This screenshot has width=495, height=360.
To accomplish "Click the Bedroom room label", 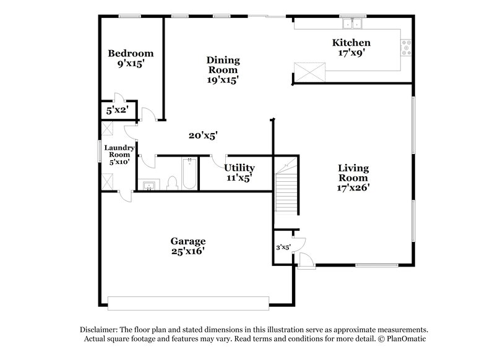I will click(131, 53).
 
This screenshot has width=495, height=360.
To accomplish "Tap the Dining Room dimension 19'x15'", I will click(223, 79).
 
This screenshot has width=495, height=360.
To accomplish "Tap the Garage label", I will click(188, 241).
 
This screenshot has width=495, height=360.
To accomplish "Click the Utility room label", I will click(239, 168).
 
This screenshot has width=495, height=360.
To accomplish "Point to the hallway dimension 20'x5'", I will click(202, 135).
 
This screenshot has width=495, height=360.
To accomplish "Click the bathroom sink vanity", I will click(149, 185).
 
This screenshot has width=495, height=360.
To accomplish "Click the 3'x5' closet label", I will click(283, 248).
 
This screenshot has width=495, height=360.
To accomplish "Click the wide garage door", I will click(188, 302).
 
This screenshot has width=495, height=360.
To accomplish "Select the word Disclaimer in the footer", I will click(100, 330).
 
